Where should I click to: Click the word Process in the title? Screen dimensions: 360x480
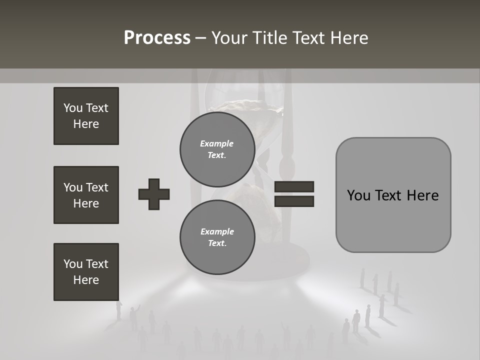[157, 38]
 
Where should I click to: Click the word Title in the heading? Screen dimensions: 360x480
[269, 38]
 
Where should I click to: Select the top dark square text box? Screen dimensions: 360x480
[86, 116]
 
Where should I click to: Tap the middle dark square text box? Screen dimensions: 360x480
[86, 195]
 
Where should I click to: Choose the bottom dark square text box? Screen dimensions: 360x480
[86, 272]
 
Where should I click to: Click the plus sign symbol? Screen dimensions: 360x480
[154, 194]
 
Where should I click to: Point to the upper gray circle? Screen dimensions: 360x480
[217, 149]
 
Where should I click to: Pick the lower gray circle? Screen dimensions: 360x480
[217, 237]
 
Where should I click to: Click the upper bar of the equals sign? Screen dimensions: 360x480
[294, 187]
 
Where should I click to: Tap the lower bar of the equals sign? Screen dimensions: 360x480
[294, 201]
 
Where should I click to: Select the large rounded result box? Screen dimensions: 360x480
[393, 195]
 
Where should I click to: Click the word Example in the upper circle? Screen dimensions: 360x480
[217, 143]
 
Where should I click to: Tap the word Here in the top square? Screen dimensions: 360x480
[86, 124]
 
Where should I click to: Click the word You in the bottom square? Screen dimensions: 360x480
[72, 264]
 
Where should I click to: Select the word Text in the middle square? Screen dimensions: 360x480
[97, 187]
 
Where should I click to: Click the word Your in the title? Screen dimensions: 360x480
[230, 38]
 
